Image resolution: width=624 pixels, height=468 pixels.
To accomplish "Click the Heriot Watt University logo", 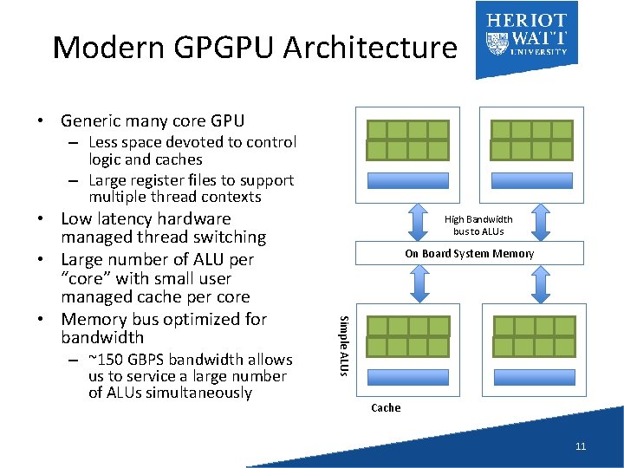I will [x=527, y=36].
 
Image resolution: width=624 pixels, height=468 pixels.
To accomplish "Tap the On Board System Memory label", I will [x=469, y=254].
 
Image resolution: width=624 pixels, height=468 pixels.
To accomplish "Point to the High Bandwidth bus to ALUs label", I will [x=478, y=225].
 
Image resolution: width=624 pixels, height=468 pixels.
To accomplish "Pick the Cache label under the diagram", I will [x=386, y=407].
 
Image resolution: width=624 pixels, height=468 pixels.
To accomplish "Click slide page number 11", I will [x=581, y=446].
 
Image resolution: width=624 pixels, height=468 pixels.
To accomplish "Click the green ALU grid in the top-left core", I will [x=408, y=140].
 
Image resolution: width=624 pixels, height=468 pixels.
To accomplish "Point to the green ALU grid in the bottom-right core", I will [x=534, y=336].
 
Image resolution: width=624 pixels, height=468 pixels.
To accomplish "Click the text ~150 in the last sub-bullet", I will [x=105, y=360].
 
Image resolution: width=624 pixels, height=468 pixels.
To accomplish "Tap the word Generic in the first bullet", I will [x=91, y=120].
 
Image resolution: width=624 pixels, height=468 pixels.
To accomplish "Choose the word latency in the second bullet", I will [x=130, y=219].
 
